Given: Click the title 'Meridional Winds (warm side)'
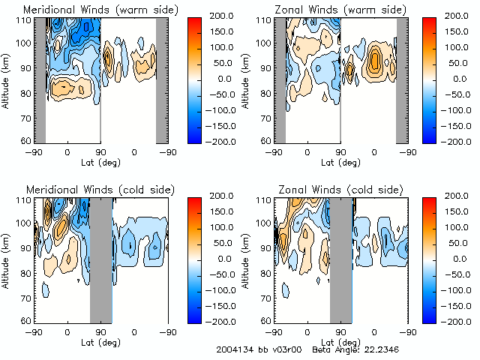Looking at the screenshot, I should [100, 10].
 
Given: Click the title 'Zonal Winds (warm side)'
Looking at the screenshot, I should [340, 10].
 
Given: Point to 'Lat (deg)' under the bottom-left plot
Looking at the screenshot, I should [100, 341].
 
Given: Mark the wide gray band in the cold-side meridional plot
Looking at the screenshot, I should [100, 259].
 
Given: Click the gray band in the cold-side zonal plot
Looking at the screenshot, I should [340, 259].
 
